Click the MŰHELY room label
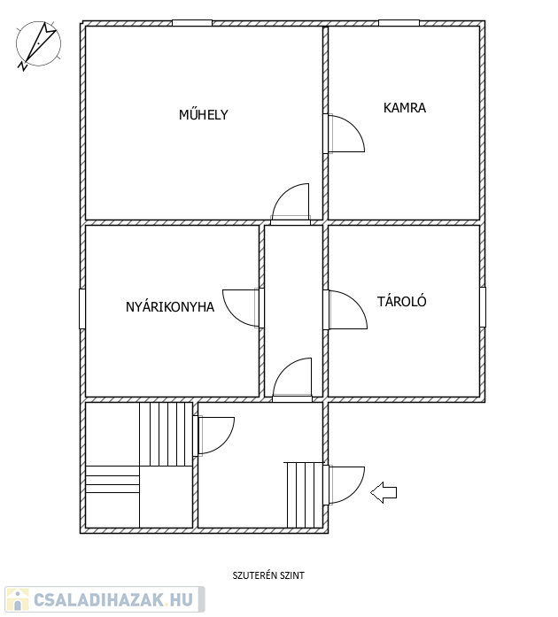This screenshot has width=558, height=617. click(204, 114)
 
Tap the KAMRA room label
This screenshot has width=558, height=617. click(405, 108)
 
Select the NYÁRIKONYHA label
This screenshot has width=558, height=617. click(170, 307)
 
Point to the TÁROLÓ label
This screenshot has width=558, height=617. click(401, 301)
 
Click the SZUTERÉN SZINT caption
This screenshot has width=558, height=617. click(268, 575)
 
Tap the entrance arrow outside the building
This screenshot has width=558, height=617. click(384, 492)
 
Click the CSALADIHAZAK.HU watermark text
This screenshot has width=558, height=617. click(113, 600)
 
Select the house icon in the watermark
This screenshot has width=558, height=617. click(18, 599)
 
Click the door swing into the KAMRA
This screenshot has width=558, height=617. click(346, 133)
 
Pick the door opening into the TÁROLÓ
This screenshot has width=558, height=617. click(348, 310)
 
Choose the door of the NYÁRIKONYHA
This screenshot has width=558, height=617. click(241, 308)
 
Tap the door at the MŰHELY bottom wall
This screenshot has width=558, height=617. click(291, 202)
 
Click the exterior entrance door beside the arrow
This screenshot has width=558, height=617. click(346, 485)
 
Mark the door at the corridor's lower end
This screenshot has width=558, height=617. click(292, 378)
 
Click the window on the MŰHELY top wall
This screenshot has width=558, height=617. click(192, 23)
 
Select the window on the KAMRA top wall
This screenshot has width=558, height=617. click(399, 23)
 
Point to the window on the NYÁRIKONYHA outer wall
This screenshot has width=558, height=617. click(82, 309)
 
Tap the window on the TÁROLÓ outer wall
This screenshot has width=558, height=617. click(483, 307)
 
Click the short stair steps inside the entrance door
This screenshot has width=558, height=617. click(305, 495)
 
